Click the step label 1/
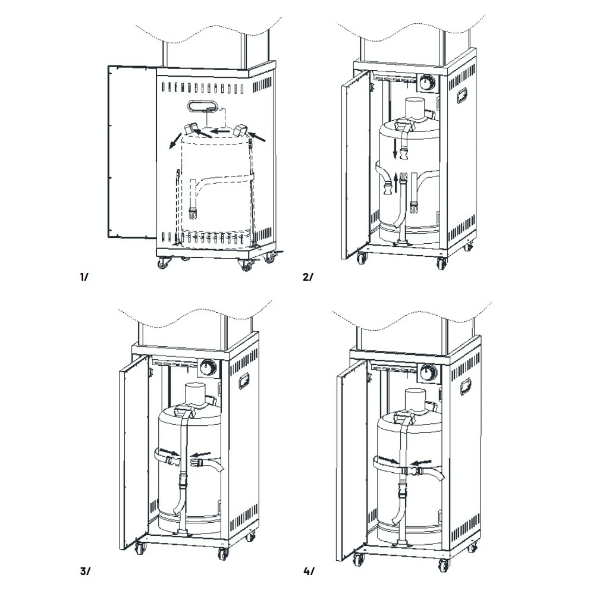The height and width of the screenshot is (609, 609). (83, 277)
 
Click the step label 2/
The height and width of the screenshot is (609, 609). (307, 277)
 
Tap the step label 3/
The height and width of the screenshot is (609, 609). (84, 572)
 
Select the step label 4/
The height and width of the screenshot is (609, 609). (309, 572)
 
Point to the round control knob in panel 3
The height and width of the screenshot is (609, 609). (208, 368)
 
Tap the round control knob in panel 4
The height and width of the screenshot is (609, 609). (427, 373)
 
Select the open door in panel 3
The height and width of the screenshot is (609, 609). (134, 452)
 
